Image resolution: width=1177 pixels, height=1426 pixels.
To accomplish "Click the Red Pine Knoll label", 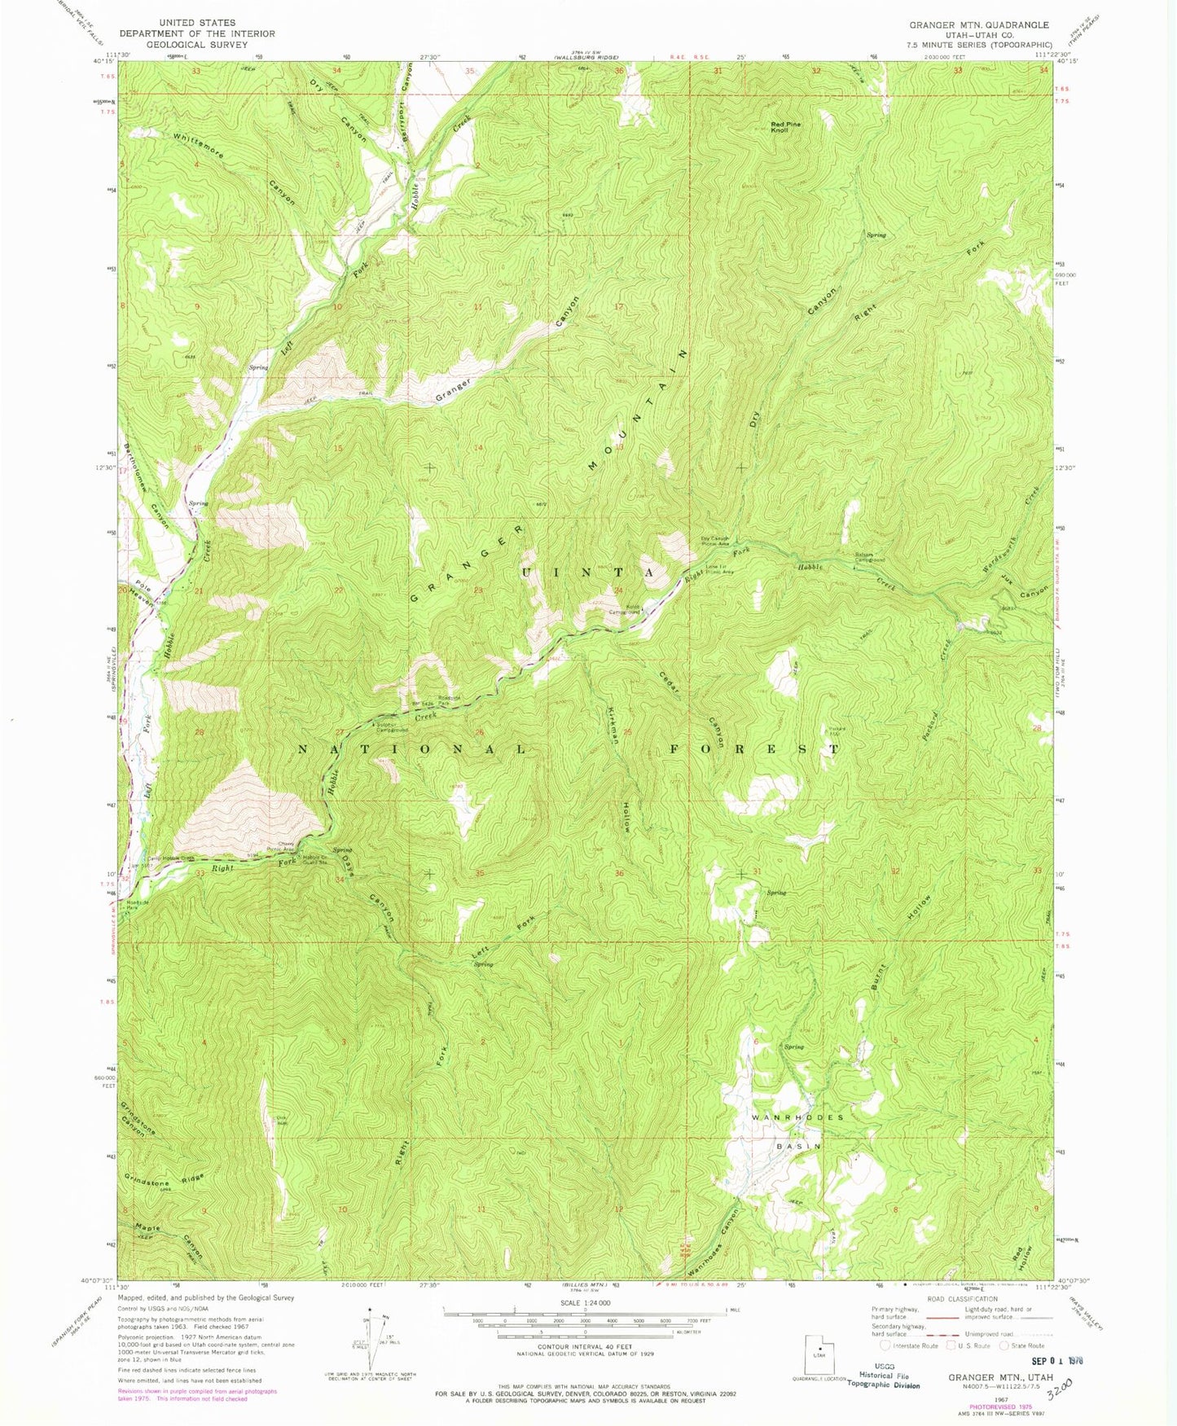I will pyautogui.click(x=787, y=127).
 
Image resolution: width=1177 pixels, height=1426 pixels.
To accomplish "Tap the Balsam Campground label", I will pyautogui.click(x=869, y=559).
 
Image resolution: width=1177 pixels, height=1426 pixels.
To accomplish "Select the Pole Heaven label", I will pyautogui.click(x=144, y=596).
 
